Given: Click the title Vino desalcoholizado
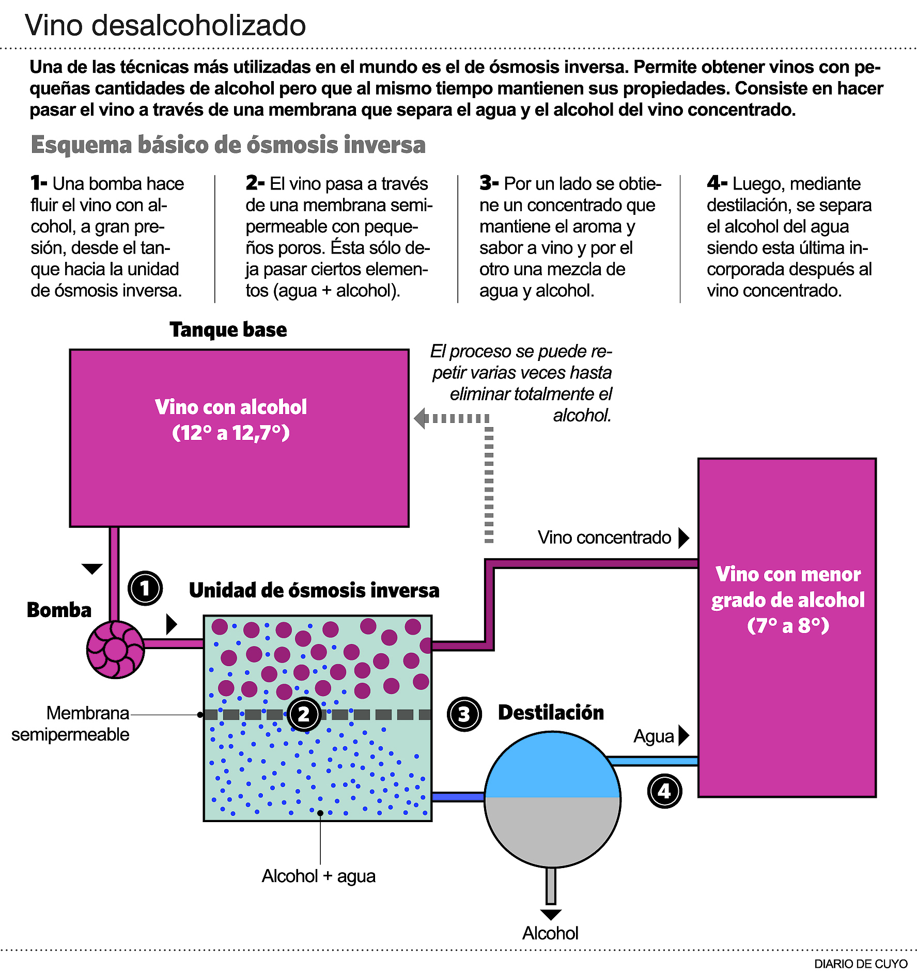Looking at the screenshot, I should click(x=165, y=25).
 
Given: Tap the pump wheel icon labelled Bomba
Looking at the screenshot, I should click(x=115, y=649).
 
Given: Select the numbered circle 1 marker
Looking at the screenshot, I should click(x=145, y=588).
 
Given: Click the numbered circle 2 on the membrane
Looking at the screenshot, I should click(x=304, y=714).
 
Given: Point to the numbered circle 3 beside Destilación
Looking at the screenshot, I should click(x=464, y=714).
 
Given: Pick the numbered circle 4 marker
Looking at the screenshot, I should click(x=664, y=791).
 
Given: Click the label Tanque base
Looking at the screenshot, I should click(x=228, y=329).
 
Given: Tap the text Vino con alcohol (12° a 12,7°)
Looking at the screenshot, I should click(x=231, y=419).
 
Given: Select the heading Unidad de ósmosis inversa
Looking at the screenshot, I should click(x=314, y=590).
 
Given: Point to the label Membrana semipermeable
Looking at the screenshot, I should click(x=71, y=723).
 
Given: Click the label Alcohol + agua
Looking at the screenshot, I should click(x=318, y=876).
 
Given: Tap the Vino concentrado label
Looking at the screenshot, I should click(x=604, y=538).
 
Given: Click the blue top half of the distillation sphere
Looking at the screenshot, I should click(x=552, y=767).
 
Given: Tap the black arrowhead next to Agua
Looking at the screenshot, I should click(x=683, y=735).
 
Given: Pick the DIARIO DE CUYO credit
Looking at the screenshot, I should click(x=860, y=964).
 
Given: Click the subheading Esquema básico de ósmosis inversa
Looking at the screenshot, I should click(x=228, y=145).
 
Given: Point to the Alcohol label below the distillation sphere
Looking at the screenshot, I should click(x=550, y=933).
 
